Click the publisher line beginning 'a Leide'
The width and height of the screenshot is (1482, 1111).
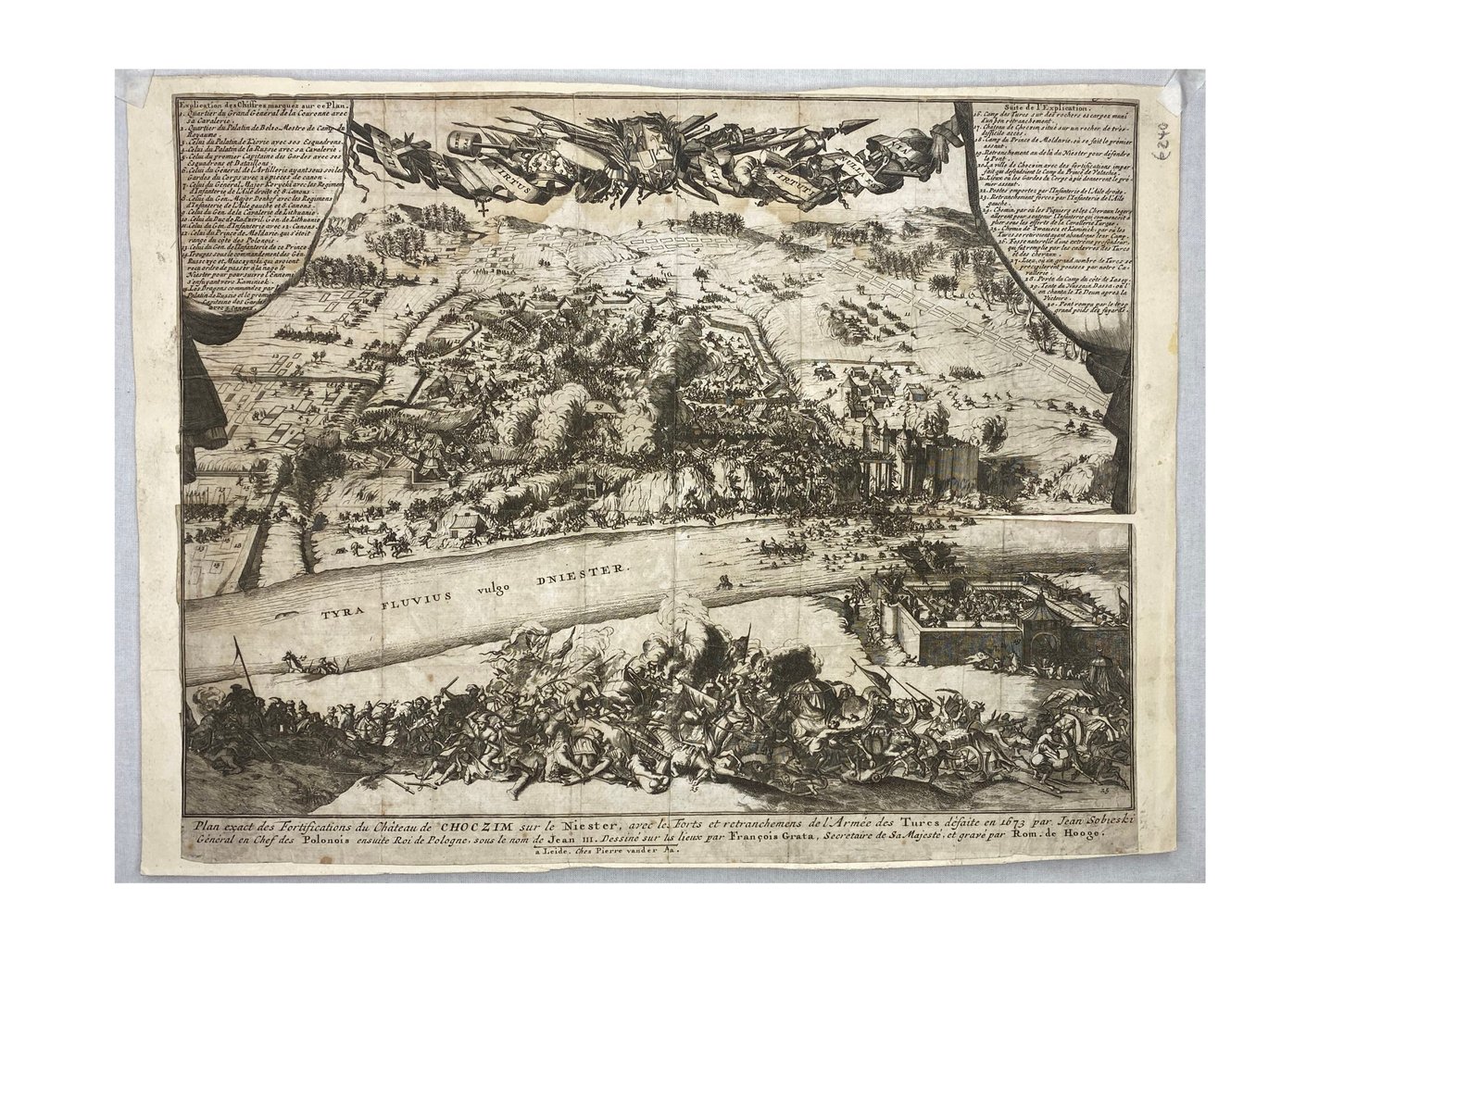pos(609,857)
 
